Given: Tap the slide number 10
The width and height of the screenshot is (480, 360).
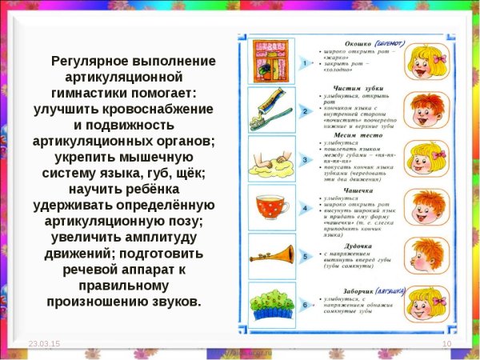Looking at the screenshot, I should [447, 342].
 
